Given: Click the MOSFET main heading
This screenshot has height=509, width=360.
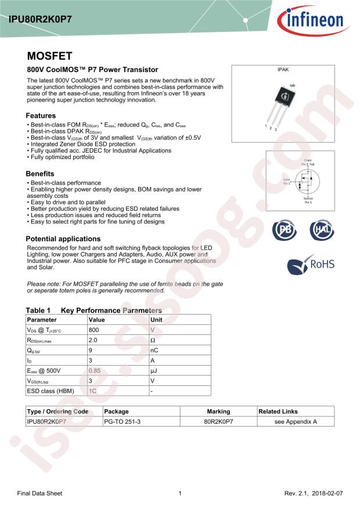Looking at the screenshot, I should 49,56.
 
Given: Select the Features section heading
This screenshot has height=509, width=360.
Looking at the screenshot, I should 41,115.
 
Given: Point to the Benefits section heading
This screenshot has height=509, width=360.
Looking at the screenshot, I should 40,174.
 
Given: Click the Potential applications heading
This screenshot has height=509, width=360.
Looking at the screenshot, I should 63,239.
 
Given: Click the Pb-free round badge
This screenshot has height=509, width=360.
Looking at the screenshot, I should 284,230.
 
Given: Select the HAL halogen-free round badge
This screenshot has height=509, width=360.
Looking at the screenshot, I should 322,230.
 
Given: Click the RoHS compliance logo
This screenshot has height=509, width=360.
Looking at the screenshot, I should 311,265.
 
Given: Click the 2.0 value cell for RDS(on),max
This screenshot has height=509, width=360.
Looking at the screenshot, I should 93,340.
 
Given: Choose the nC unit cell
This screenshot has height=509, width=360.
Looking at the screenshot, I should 154,350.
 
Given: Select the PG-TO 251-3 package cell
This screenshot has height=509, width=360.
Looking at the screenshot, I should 120,421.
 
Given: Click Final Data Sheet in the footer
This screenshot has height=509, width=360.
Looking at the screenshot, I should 39,493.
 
